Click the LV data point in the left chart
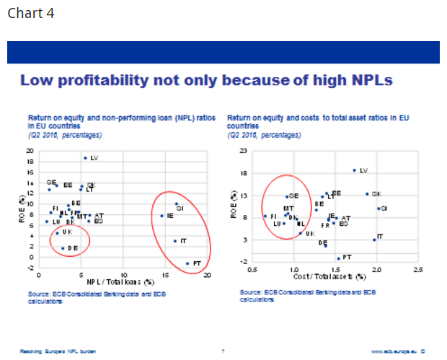click(85, 158)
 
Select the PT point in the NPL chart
click(187, 263)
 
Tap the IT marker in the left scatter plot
click(174, 241)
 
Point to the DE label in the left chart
click(73, 247)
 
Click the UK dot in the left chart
click(57, 232)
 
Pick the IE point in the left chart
click(161, 215)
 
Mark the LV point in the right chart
click(354, 170)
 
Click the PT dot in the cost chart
click(337, 258)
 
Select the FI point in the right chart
click(265, 216)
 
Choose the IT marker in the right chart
click(373, 239)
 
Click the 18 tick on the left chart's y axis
click(30, 162)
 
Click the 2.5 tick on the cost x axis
click(417, 271)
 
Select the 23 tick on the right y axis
click(243, 150)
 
